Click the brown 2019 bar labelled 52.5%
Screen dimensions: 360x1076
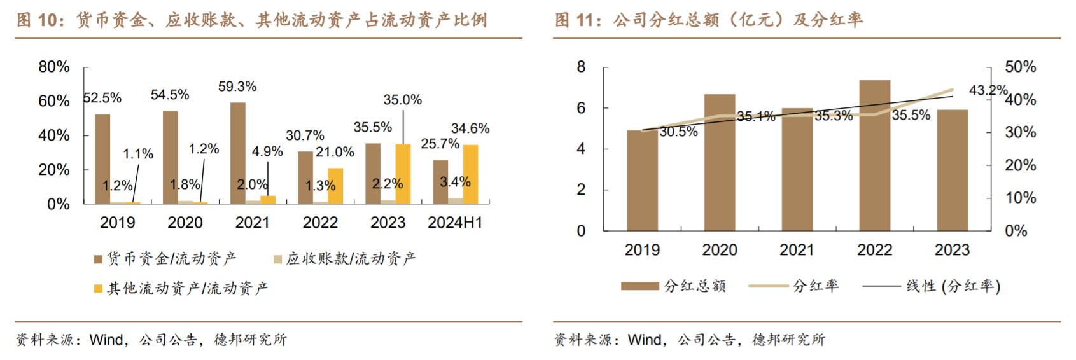point(102,159)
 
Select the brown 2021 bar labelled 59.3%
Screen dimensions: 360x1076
point(238,153)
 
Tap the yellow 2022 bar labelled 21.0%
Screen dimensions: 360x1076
point(335,186)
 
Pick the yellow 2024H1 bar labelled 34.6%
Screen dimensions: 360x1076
point(470,174)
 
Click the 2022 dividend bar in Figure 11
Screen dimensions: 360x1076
point(875,155)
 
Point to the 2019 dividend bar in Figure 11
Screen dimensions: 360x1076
point(642,181)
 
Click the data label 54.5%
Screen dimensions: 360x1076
point(170,95)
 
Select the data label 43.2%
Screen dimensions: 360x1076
point(988,90)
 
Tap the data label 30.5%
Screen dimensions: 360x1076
point(678,132)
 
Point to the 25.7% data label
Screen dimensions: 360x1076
point(440,144)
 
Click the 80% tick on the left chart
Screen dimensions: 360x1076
point(54,67)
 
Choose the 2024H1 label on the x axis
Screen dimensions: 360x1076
point(455,223)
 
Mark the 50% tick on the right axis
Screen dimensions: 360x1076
point(1020,67)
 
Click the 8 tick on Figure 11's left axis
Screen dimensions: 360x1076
point(581,67)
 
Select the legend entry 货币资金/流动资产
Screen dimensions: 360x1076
point(165,258)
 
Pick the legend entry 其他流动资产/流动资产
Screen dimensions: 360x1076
point(181,288)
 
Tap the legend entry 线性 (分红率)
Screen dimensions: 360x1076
point(932,286)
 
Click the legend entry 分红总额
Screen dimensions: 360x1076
point(674,286)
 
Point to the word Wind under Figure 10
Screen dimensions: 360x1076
point(106,340)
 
